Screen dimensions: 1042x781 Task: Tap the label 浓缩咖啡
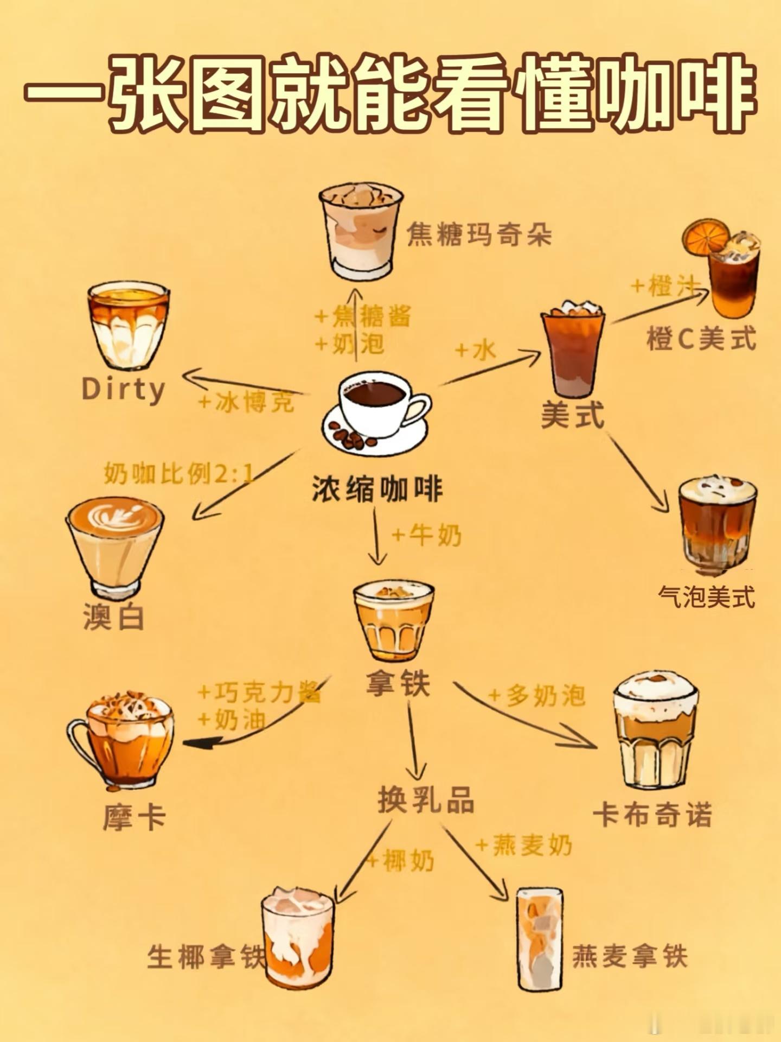pyautogui.click(x=377, y=488)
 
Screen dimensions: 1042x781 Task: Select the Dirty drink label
pyautogui.click(x=123, y=390)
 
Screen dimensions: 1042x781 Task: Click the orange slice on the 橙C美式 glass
pyautogui.click(x=705, y=237)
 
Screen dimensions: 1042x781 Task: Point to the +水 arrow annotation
pyautogui.click(x=476, y=350)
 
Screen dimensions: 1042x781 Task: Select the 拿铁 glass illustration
pyautogui.click(x=394, y=621)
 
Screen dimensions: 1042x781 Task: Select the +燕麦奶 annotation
pyautogui.click(x=524, y=845)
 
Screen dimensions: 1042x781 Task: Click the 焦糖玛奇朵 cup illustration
pyautogui.click(x=361, y=231)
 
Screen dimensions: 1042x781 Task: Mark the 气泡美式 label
pyautogui.click(x=706, y=597)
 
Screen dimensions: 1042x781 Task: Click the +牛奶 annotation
pyautogui.click(x=427, y=536)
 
